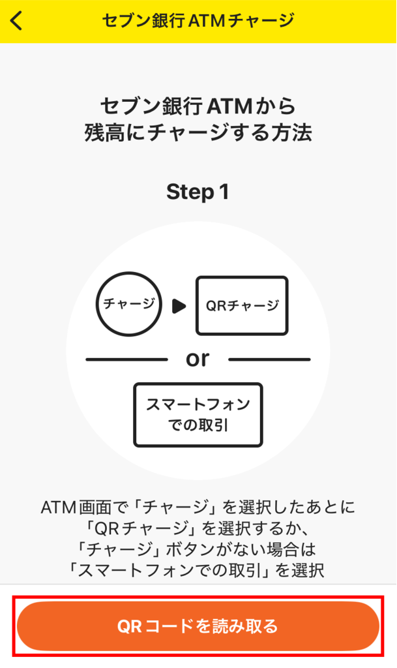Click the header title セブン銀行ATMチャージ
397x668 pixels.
(198, 20)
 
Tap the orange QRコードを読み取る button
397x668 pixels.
(198, 626)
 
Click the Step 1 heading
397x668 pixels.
(198, 192)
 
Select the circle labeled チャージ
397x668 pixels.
(128, 305)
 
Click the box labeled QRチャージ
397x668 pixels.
(242, 305)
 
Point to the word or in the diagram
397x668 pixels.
(198, 358)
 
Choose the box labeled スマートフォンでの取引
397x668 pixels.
(198, 415)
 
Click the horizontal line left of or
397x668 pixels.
(126, 359)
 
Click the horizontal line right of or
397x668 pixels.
(269, 359)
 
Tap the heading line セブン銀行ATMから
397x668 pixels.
(198, 105)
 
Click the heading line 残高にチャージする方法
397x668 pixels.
(198, 133)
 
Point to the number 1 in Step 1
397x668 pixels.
(224, 192)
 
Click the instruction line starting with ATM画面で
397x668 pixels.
(198, 506)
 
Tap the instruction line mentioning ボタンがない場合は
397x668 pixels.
(198, 549)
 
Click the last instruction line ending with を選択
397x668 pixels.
(198, 569)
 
